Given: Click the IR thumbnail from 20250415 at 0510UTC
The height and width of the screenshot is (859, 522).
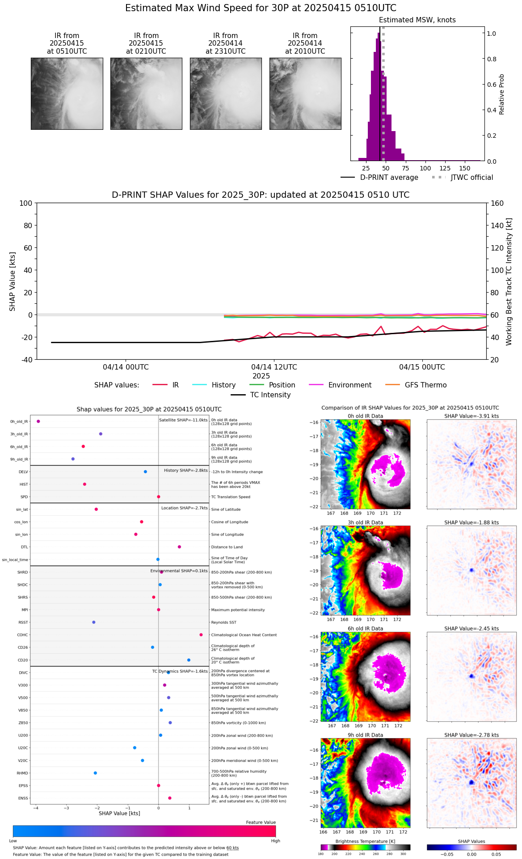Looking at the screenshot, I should click(67, 94).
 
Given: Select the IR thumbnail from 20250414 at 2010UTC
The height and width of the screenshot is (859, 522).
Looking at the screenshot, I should click(305, 94).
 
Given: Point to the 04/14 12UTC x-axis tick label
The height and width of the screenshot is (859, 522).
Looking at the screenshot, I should click(274, 367).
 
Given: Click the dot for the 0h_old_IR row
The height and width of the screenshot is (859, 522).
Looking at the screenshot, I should click(38, 421).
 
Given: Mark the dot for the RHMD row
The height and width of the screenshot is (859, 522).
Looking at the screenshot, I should click(95, 773).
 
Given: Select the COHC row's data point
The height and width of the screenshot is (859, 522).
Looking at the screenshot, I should click(201, 635).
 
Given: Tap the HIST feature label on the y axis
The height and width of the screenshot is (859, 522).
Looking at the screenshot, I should click(24, 485).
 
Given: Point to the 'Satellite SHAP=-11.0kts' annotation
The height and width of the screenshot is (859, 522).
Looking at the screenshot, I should click(183, 420).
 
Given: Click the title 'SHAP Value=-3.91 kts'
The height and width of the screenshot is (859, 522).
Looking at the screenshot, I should click(471, 416).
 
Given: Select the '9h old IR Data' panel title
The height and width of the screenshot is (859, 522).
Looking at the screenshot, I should click(365, 735).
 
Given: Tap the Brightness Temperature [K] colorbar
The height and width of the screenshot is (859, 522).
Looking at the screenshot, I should click(365, 847).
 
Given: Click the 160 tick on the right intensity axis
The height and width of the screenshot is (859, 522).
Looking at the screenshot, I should click(497, 204).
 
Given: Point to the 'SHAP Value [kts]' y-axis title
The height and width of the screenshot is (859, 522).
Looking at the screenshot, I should click(13, 281).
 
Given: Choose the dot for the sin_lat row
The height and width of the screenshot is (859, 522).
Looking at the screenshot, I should click(96, 509).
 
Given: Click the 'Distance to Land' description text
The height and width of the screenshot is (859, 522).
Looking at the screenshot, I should click(227, 547).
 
